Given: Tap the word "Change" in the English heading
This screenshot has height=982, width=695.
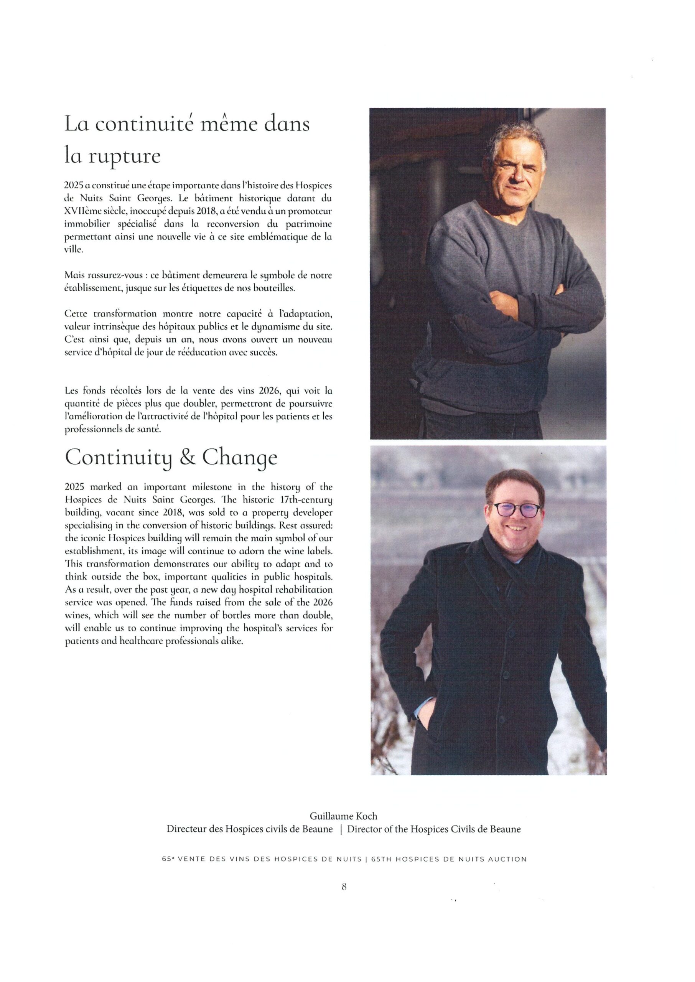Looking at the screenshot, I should point(240,459).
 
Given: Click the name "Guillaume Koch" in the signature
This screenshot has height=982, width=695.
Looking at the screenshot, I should point(344,816).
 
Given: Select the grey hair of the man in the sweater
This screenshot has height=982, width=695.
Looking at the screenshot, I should point(515,137).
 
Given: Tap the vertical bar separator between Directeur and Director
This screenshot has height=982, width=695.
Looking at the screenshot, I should point(340,829).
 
